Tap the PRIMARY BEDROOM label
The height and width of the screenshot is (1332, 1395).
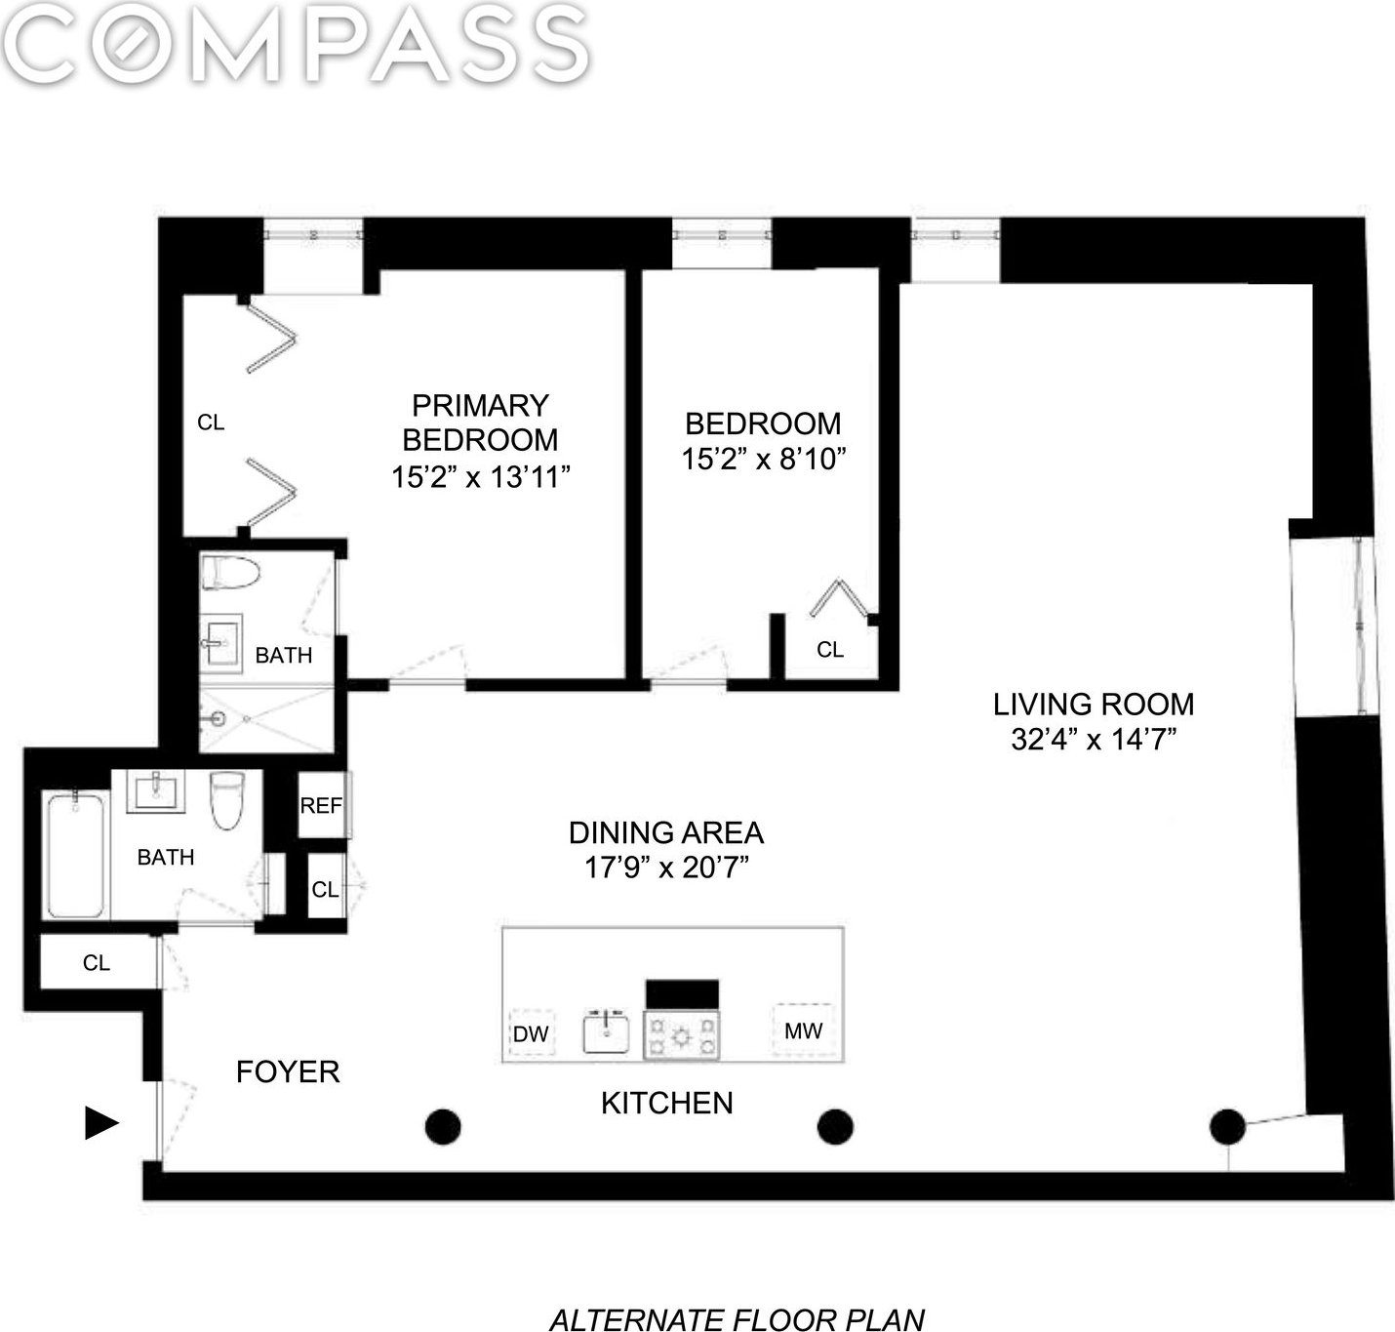[x=480, y=423]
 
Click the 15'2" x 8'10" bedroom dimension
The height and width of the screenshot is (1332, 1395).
[x=764, y=459]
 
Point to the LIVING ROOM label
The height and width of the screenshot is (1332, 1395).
[x=1094, y=705]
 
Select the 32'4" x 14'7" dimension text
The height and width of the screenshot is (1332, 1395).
[x=1094, y=740]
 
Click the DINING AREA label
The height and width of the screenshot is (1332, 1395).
[x=666, y=832]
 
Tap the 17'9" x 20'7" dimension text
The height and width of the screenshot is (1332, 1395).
[x=666, y=867]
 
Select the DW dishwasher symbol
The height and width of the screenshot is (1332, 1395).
[x=532, y=1033]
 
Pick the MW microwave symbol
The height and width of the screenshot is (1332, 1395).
[x=803, y=1030]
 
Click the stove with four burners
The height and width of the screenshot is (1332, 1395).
[x=681, y=1036]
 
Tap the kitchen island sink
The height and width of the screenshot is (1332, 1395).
[x=606, y=1032]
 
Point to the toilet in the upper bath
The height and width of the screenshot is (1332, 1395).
[x=230, y=573]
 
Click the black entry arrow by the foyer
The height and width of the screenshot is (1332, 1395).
[x=101, y=1122]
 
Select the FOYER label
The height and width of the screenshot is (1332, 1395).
[x=288, y=1071]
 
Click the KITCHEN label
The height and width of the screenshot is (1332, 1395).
[x=666, y=1103]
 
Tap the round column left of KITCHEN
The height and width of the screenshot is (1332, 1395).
[x=443, y=1126]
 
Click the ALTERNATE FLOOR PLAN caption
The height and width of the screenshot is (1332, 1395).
[x=737, y=1320]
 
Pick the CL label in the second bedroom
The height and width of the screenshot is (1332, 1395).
[x=829, y=649]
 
